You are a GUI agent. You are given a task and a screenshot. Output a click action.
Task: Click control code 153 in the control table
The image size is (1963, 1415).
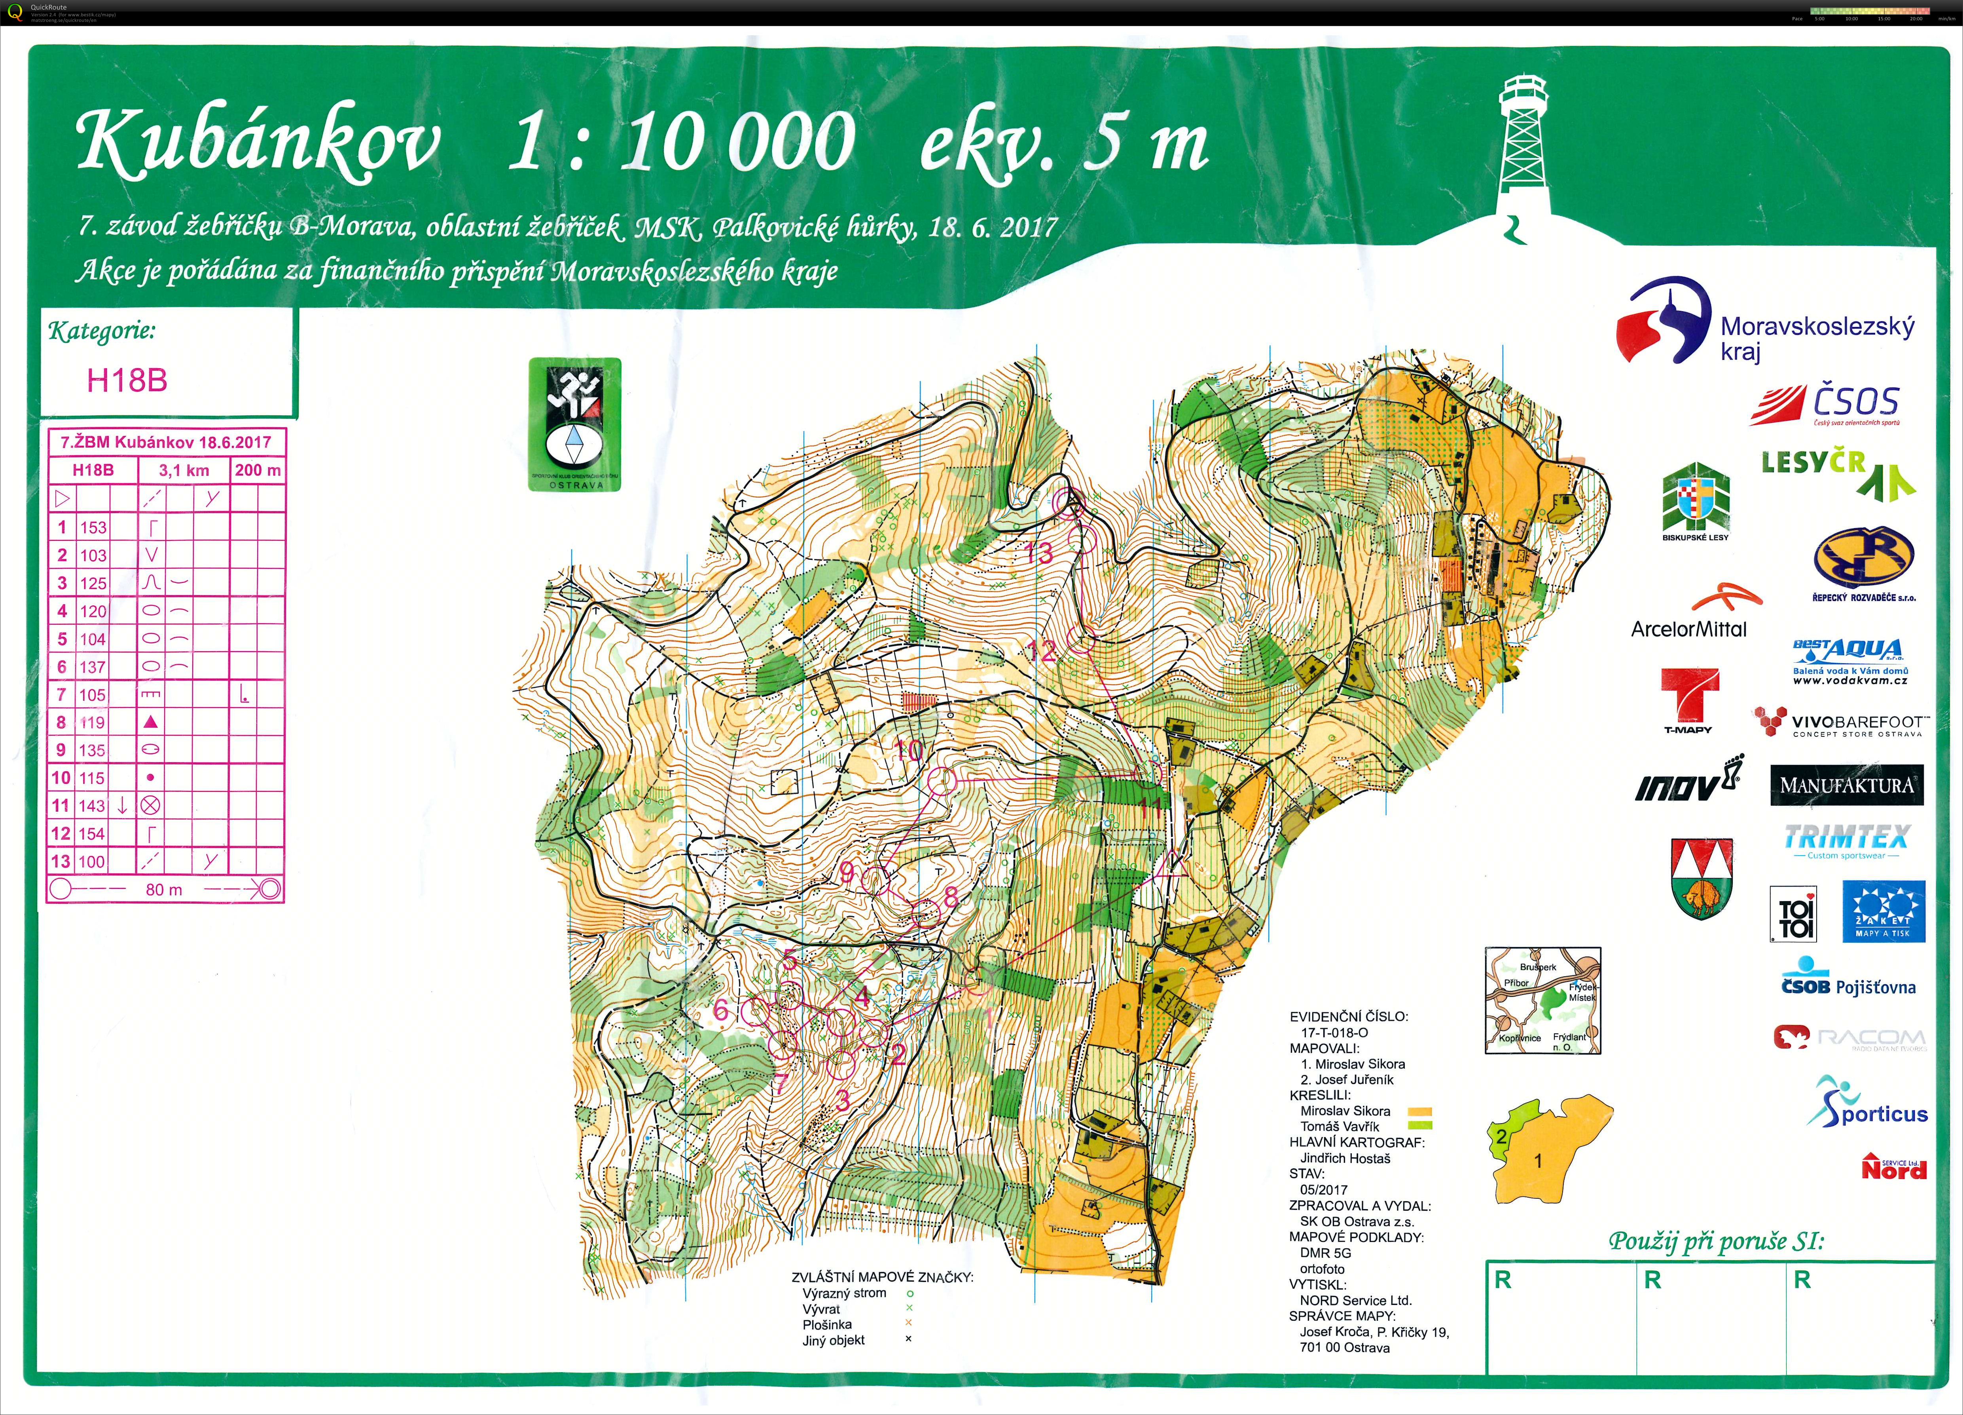[93, 527]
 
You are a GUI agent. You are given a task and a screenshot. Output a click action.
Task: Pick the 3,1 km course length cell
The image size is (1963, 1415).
[184, 470]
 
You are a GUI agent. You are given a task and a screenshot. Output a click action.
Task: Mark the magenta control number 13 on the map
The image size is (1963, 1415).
[1038, 552]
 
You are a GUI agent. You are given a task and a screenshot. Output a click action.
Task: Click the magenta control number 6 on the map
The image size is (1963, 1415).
[720, 1010]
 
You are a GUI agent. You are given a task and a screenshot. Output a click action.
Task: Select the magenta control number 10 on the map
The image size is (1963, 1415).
[908, 750]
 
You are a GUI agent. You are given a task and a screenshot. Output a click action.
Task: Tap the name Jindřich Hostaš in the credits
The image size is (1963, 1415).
[1345, 1158]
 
